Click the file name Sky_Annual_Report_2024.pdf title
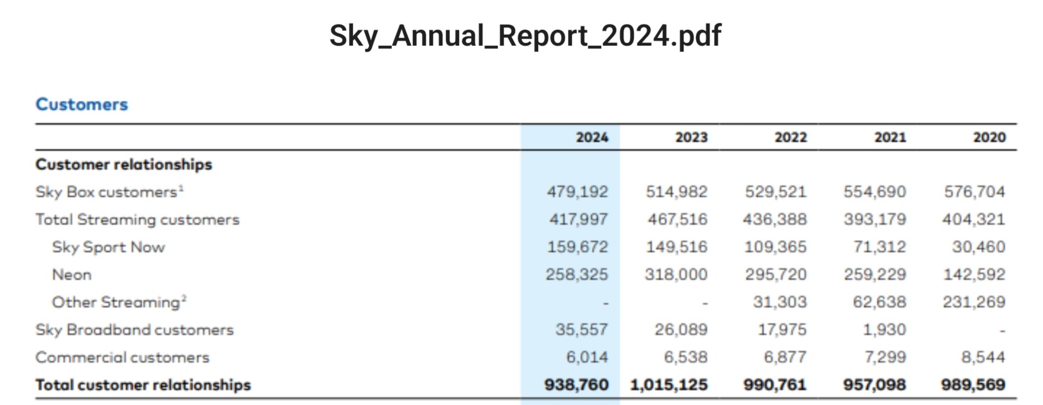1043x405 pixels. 525,36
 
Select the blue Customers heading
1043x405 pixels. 82,104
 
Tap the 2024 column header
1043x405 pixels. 592,137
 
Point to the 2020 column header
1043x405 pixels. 989,137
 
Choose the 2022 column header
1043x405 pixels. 790,137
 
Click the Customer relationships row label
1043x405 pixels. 124,165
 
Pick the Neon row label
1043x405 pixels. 72,275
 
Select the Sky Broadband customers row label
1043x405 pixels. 134,330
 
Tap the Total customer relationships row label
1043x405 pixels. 143,385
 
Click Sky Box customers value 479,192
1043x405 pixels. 577,192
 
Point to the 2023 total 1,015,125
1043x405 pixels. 669,385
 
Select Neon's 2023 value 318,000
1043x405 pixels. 676,275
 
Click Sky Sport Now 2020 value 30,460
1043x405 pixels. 978,247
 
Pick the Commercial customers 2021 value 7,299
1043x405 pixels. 885,357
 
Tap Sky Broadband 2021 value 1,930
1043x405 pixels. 884,330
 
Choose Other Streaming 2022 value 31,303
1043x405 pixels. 780,302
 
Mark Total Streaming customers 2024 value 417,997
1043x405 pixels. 578,219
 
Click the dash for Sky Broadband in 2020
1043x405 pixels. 1002,331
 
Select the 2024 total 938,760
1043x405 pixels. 576,385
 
